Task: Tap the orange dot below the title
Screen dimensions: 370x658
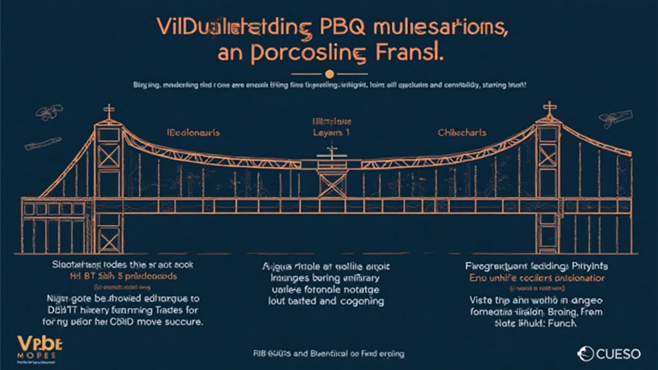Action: click(x=330, y=73)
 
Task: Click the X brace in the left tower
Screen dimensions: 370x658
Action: click(x=107, y=156)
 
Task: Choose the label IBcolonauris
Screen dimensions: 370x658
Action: click(x=193, y=132)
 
